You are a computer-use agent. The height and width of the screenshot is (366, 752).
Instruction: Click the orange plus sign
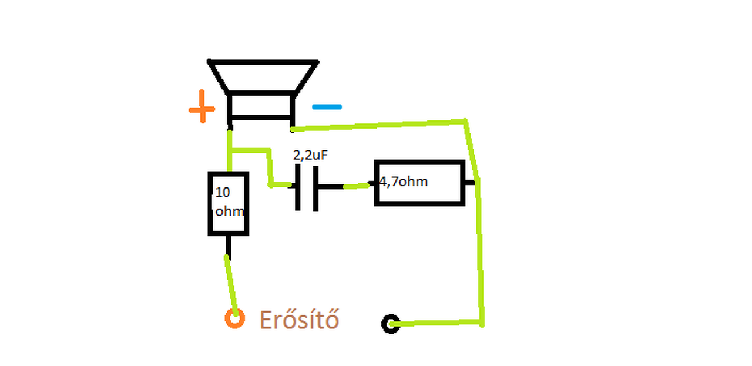coord(202,107)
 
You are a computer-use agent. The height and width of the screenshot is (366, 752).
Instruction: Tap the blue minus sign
coord(327,107)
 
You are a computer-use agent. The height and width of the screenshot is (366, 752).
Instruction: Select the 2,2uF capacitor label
coord(310,155)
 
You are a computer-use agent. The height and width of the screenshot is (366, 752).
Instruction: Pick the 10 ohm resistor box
coord(210,203)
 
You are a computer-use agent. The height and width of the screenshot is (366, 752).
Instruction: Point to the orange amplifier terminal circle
coord(226,318)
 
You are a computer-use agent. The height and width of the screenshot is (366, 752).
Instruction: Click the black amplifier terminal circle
coord(384,324)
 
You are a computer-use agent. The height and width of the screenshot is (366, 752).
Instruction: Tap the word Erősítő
coord(299,320)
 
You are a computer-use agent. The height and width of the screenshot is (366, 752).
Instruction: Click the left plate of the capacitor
coord(298,187)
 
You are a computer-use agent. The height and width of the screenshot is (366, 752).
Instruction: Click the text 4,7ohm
coord(403,182)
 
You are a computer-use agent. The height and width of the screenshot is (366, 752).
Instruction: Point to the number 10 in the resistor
coord(223,193)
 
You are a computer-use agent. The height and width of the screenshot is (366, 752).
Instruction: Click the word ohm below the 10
coord(229,211)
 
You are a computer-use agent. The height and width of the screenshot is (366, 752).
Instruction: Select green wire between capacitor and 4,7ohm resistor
coord(357,186)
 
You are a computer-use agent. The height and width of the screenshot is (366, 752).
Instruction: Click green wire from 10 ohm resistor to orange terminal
coord(231,286)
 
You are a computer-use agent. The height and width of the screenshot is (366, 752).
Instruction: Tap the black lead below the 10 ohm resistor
coord(229,247)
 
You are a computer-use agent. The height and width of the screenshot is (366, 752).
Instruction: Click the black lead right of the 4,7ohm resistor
coord(470,182)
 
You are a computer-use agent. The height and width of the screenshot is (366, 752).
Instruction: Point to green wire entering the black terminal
coord(436,323)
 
